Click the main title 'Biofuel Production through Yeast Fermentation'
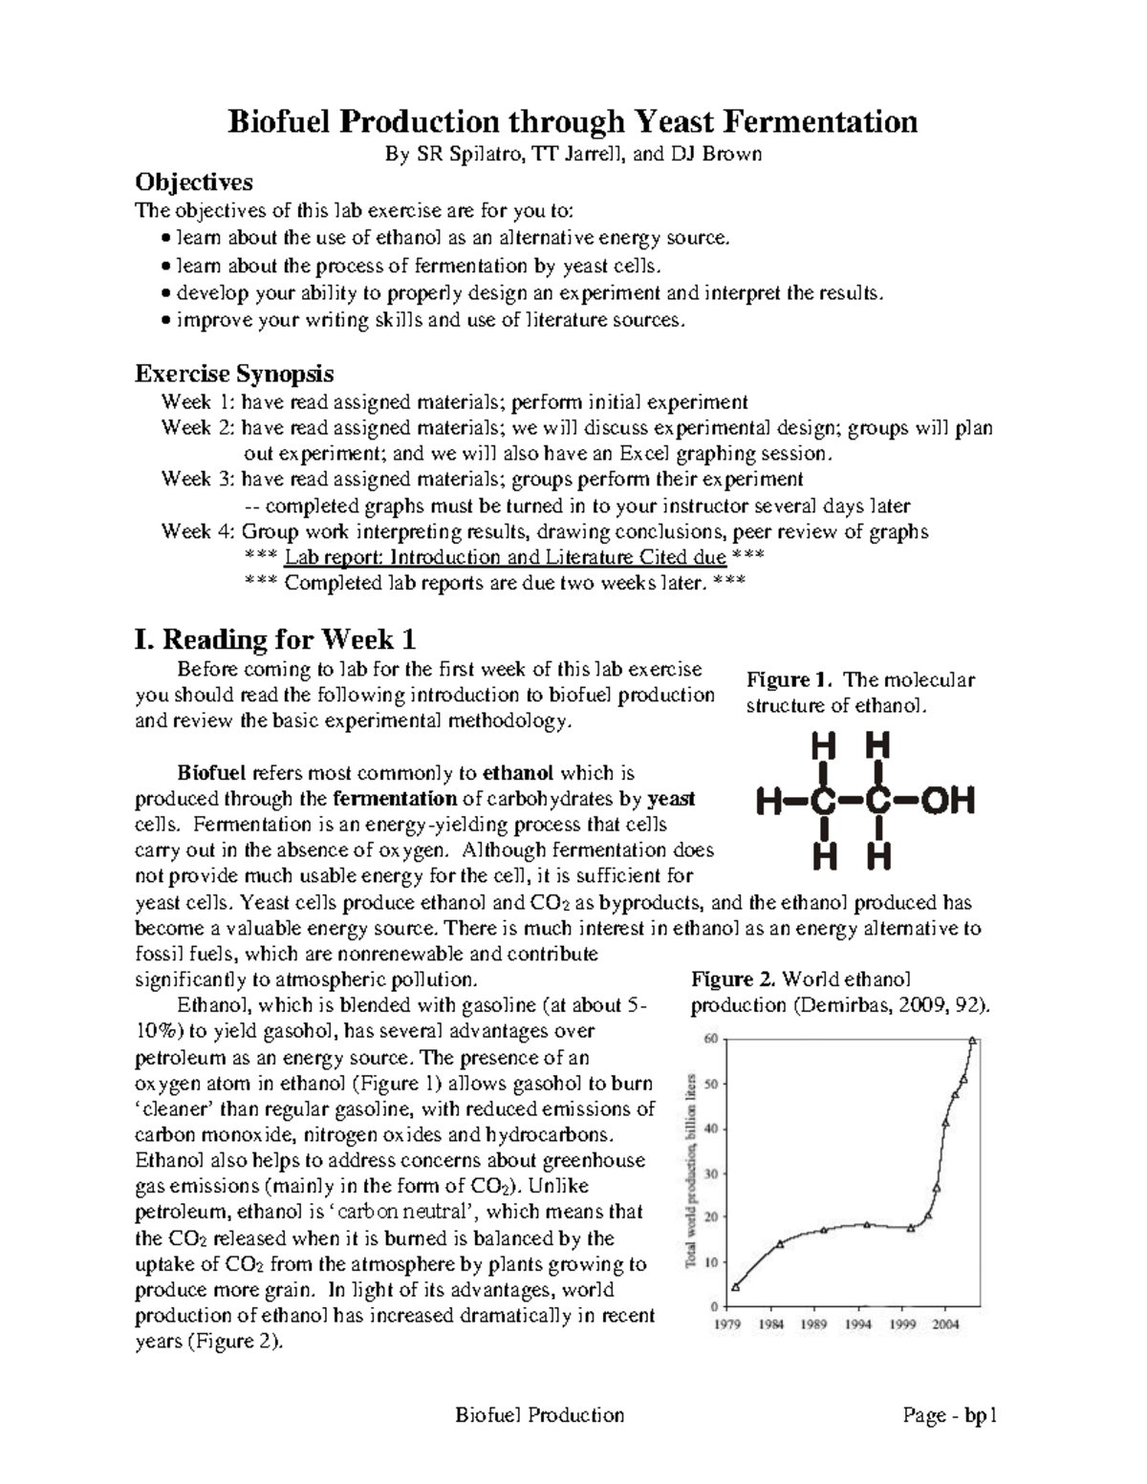click(572, 121)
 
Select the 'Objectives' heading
click(194, 182)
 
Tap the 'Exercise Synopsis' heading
click(234, 373)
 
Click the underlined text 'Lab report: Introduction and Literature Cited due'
click(505, 557)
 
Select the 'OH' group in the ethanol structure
click(947, 801)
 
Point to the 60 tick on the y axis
click(710, 1040)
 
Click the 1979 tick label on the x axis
click(729, 1324)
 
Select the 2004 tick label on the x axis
click(946, 1324)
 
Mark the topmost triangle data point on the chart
click(972, 1041)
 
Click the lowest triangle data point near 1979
click(735, 1287)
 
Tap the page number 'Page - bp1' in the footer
click(950, 1415)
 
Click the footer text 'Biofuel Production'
click(540, 1415)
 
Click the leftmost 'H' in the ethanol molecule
click(767, 801)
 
